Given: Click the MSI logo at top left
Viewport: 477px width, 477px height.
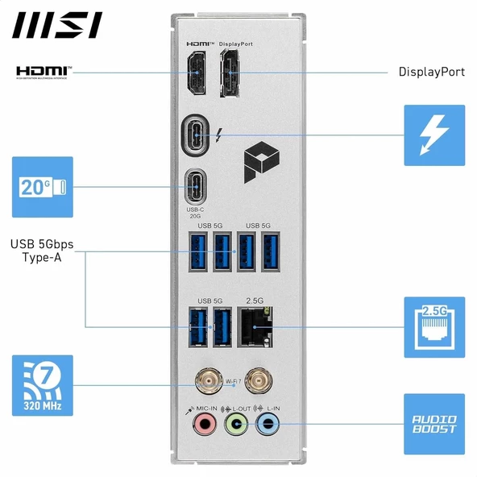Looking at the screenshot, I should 56,25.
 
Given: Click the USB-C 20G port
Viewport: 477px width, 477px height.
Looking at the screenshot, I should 197,186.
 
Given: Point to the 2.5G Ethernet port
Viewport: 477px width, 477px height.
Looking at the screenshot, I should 259,326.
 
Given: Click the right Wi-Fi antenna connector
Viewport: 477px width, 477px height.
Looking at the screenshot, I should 258,380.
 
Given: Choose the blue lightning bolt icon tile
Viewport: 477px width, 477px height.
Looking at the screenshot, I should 434,135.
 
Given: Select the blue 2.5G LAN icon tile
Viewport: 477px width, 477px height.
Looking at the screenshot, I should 434,326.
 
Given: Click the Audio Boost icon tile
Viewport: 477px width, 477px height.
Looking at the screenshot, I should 434,424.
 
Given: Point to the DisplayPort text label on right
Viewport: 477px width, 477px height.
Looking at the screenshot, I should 432,72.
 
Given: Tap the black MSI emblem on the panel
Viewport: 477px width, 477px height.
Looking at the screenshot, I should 258,159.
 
